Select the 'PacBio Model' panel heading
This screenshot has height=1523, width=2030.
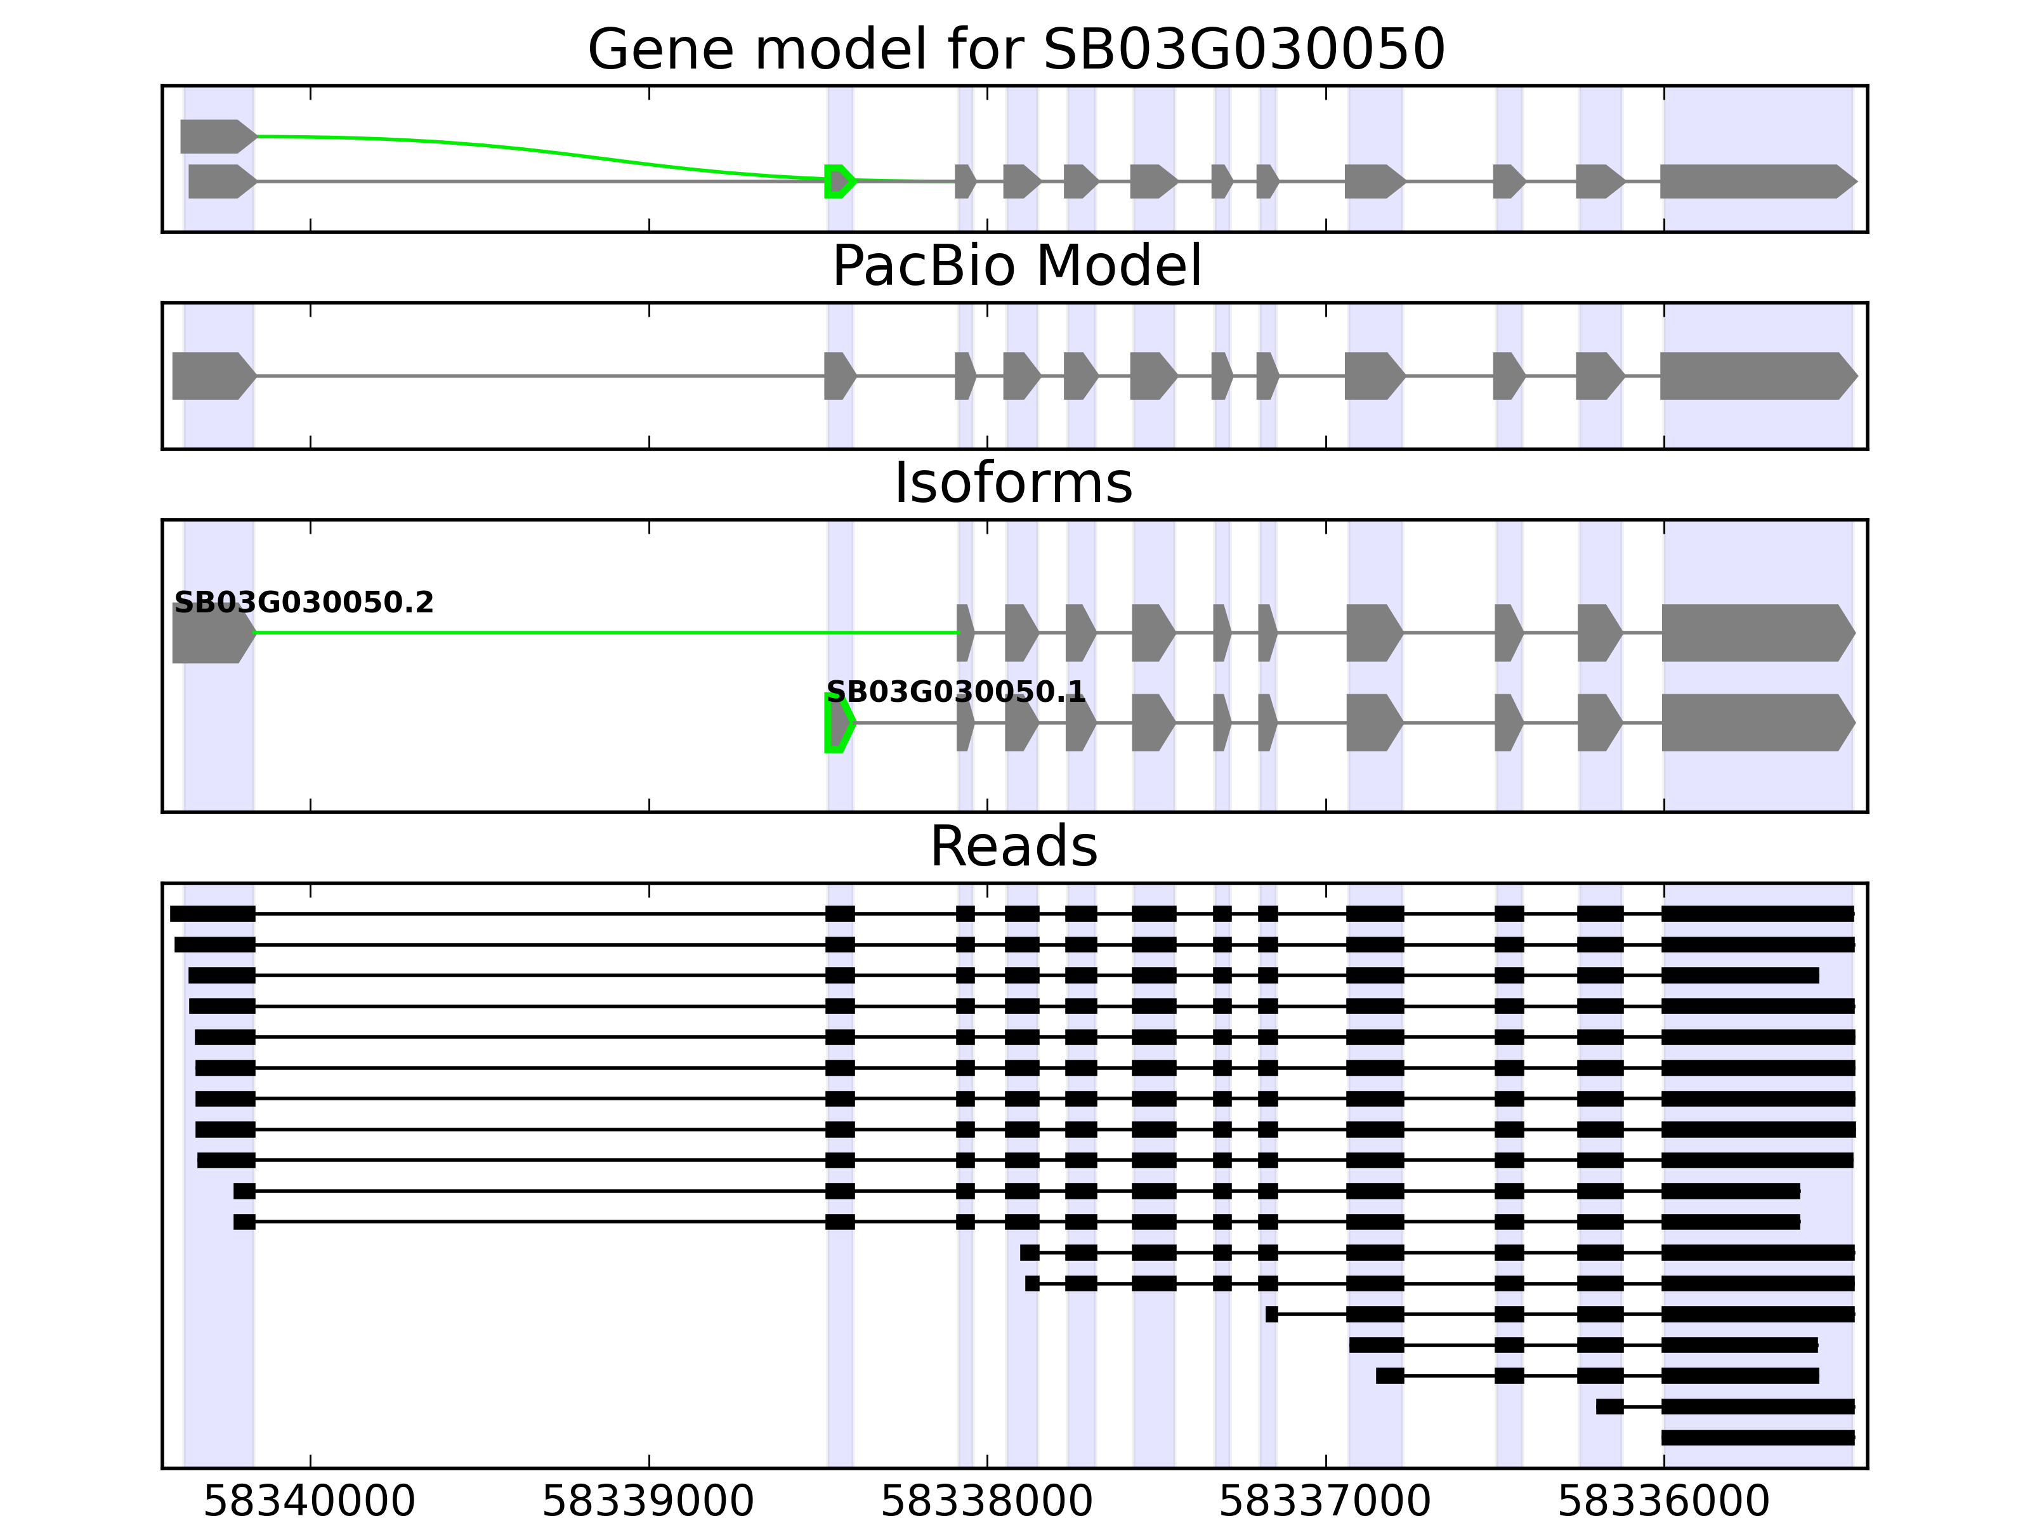pos(1015,267)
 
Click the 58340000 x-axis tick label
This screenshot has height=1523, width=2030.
pos(310,1502)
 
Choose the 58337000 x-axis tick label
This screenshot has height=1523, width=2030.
pos(1325,1502)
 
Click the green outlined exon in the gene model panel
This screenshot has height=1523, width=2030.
pos(838,181)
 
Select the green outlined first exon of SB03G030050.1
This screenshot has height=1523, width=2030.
pos(838,723)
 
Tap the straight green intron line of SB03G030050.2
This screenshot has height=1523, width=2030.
pos(606,633)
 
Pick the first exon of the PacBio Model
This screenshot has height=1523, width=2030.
pos(211,376)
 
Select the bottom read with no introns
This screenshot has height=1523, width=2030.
pos(1757,1437)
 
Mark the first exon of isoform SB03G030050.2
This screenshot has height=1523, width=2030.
pos(211,633)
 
